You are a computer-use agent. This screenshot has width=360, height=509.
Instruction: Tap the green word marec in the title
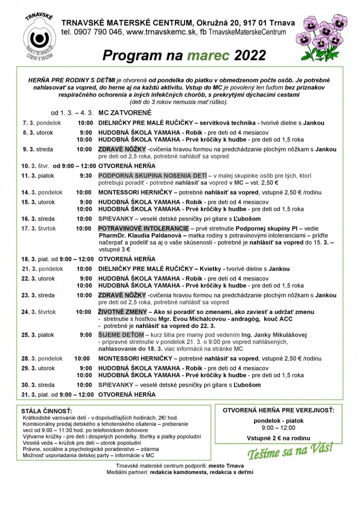(209, 55)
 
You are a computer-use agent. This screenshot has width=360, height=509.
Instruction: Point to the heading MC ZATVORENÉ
(124, 112)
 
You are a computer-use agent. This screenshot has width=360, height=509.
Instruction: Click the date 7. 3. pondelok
(42, 124)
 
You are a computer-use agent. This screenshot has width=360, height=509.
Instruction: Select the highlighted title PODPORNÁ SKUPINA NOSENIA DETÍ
(153, 175)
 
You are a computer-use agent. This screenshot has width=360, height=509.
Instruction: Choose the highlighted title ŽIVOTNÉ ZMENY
(121, 312)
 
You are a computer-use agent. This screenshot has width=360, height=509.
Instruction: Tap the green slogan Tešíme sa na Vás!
(290, 451)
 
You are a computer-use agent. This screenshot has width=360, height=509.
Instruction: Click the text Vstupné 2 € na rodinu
(278, 438)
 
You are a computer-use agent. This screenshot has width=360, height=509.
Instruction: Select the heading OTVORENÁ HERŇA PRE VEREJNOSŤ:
(278, 410)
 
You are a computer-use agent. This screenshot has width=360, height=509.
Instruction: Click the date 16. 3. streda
(38, 219)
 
